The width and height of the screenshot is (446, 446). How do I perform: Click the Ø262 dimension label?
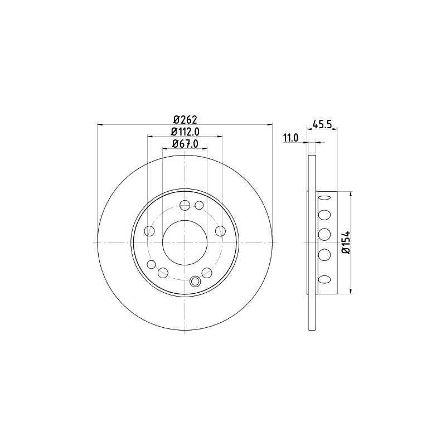186,119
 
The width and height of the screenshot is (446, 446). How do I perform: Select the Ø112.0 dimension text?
185,132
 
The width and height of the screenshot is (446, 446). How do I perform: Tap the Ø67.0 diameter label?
185,144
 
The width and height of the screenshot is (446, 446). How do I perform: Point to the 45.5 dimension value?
322,124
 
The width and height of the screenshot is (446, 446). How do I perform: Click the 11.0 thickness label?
290,138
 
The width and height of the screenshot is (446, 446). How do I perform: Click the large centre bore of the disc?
185,243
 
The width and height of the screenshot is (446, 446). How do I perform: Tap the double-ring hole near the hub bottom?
195,282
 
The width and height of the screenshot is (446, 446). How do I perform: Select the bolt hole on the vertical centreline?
185,205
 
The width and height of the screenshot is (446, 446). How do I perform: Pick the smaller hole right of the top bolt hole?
200,205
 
